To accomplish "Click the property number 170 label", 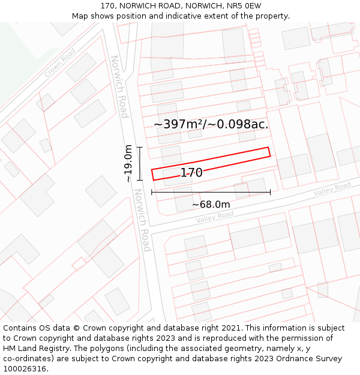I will click(191, 173).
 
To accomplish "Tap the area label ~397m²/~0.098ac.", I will click(211, 124).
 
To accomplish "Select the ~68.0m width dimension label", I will click(211, 205).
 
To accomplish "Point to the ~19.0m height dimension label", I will click(128, 163).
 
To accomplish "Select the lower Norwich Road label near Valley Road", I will click(142, 220).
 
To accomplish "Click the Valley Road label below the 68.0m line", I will click(214, 217).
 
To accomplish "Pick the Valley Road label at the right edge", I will click(332, 189).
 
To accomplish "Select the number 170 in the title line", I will click(108, 5).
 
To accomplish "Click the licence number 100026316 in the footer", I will click(24, 369).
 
